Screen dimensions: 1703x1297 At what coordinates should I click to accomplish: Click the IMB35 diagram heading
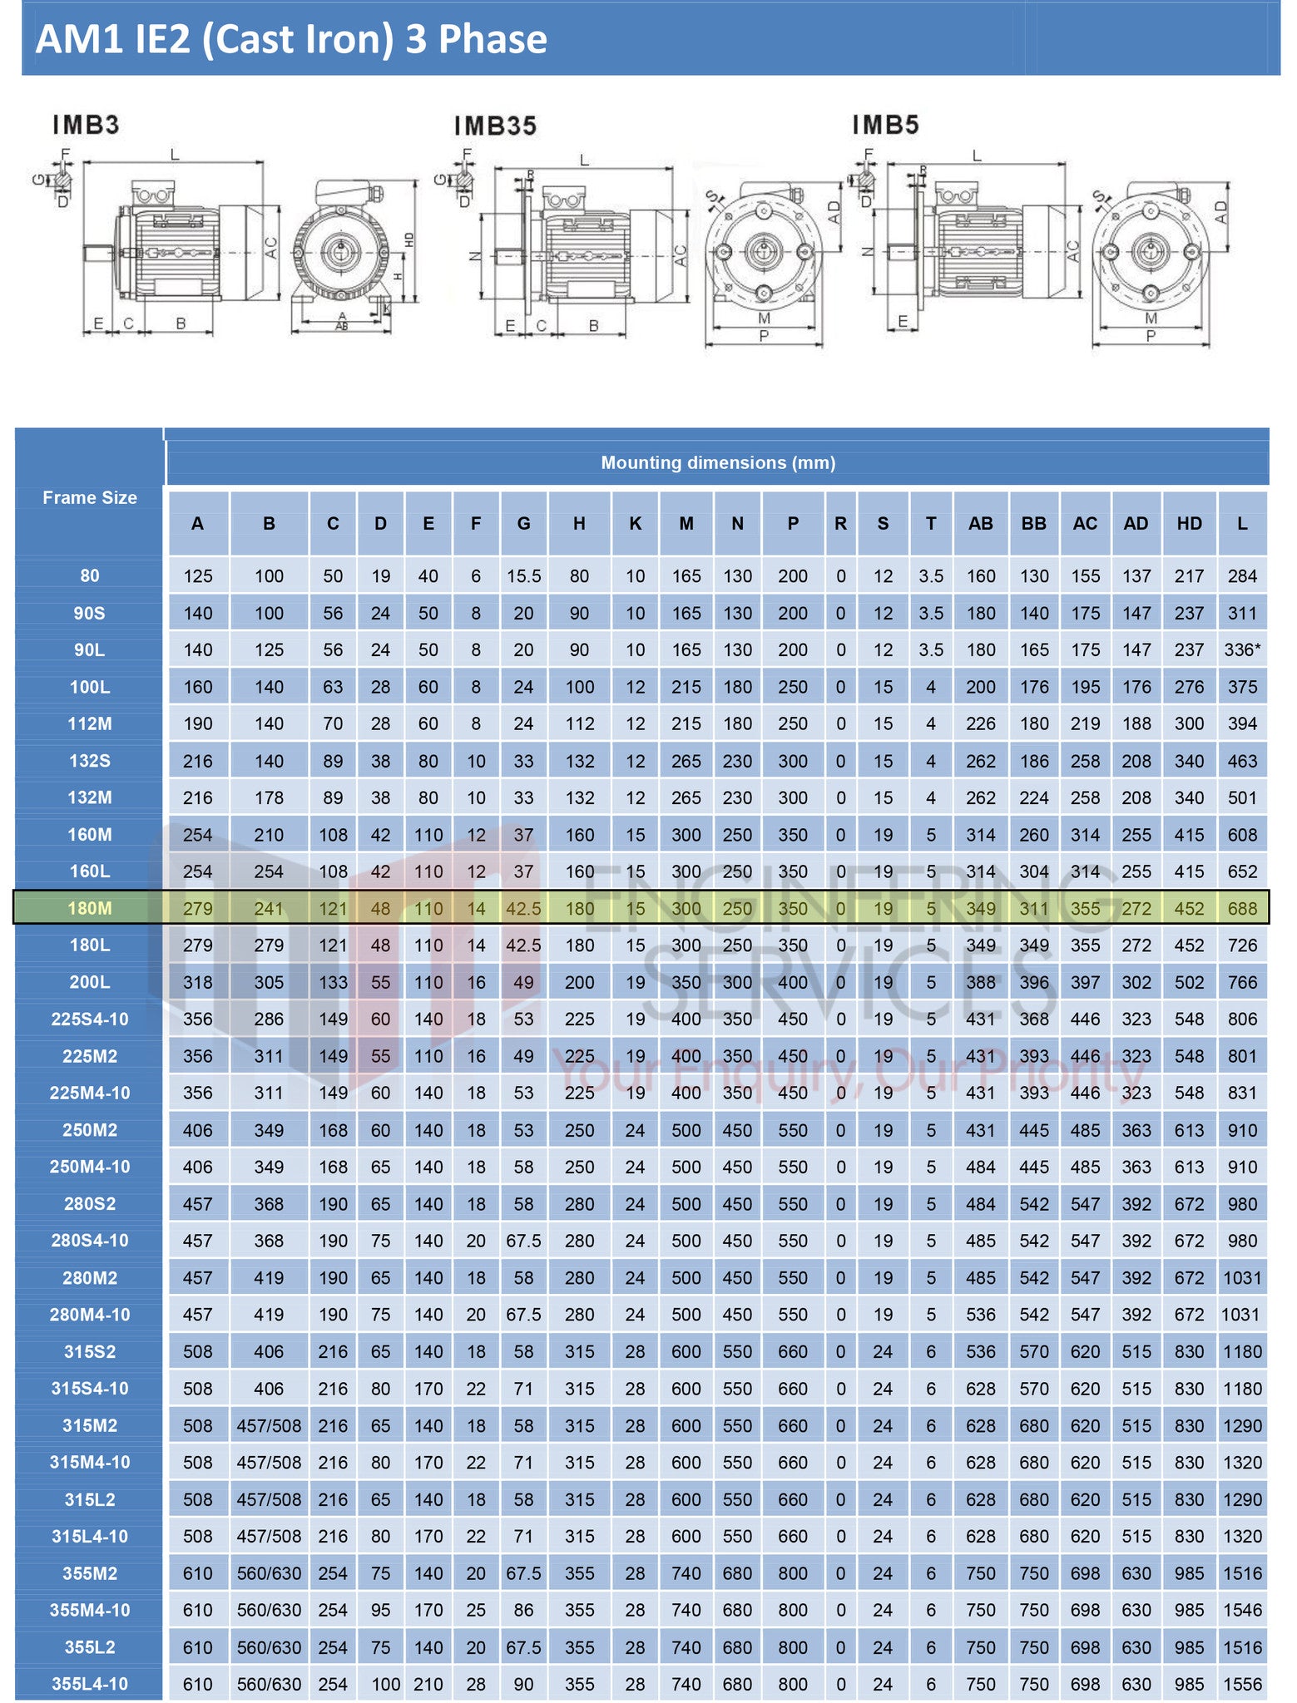click(495, 126)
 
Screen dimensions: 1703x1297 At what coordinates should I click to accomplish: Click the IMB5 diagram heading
click(885, 126)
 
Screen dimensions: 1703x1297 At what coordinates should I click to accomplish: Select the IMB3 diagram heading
click(86, 126)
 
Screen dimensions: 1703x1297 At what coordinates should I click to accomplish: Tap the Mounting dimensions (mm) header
click(717, 463)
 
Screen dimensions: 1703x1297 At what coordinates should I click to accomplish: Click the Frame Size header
click(90, 498)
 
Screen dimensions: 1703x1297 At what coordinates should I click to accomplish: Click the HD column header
click(1189, 524)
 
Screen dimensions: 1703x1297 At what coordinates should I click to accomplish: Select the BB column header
click(1033, 524)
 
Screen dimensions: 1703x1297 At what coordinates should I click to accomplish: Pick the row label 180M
click(90, 908)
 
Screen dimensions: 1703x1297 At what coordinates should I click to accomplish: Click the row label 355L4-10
click(90, 1684)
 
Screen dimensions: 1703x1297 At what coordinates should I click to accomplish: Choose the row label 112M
click(90, 723)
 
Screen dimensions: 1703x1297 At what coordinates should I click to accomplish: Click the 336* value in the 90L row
click(1241, 650)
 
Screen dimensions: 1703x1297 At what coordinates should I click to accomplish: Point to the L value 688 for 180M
click(1241, 908)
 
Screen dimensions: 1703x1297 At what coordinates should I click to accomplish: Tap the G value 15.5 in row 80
click(523, 576)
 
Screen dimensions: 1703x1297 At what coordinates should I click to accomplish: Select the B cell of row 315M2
click(269, 1425)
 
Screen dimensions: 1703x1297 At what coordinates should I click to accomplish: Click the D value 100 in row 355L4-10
click(385, 1684)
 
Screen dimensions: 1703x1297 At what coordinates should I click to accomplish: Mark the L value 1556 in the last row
click(1241, 1684)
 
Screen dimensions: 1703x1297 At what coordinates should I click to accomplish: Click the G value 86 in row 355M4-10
click(523, 1610)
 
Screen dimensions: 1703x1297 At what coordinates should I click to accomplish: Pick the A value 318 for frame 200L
click(198, 982)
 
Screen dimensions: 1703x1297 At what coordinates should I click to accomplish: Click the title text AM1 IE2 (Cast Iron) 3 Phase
click(291, 39)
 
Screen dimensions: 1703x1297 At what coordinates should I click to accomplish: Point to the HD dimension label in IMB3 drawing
click(408, 239)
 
